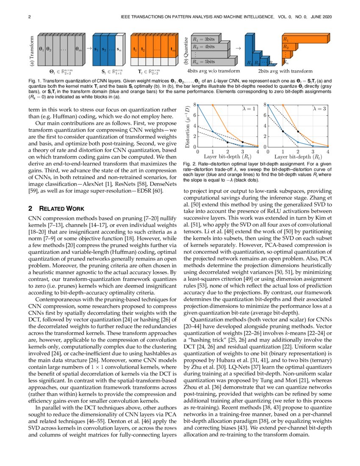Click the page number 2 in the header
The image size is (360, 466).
pyautogui.click(x=29, y=17)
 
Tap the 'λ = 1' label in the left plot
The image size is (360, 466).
pyautogui.click(x=249, y=109)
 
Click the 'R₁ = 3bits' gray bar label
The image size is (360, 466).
pyautogui.click(x=204, y=39)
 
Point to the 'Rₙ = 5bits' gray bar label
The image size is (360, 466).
pyautogui.click(x=205, y=62)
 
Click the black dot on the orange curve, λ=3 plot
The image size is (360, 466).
pyautogui.click(x=298, y=132)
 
